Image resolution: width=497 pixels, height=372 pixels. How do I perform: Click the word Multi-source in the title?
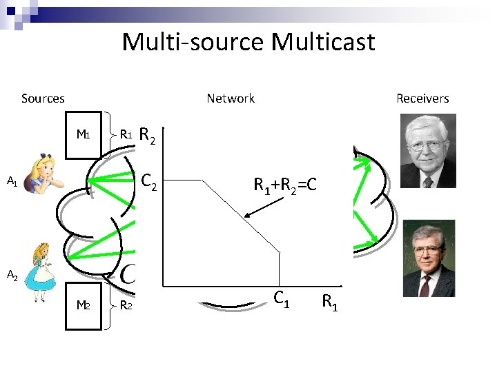(x=193, y=43)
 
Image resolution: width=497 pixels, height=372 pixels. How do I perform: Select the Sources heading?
(x=43, y=99)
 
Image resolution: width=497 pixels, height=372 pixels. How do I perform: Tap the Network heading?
(x=231, y=99)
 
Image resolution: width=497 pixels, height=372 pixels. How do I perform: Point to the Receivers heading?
(x=422, y=99)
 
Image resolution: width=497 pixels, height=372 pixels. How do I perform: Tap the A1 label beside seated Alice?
(x=12, y=182)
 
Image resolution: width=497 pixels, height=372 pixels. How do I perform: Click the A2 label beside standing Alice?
(x=12, y=276)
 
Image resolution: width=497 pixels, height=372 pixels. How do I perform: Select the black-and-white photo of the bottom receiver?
(x=428, y=258)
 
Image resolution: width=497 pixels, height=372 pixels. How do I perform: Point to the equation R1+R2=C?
(x=285, y=184)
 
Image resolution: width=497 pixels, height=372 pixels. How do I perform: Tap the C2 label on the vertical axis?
(x=148, y=182)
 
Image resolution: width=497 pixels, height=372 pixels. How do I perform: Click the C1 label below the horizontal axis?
(x=280, y=299)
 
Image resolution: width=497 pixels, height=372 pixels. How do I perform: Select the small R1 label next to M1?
(x=126, y=134)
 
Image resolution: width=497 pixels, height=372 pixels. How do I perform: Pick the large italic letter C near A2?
(x=128, y=273)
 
